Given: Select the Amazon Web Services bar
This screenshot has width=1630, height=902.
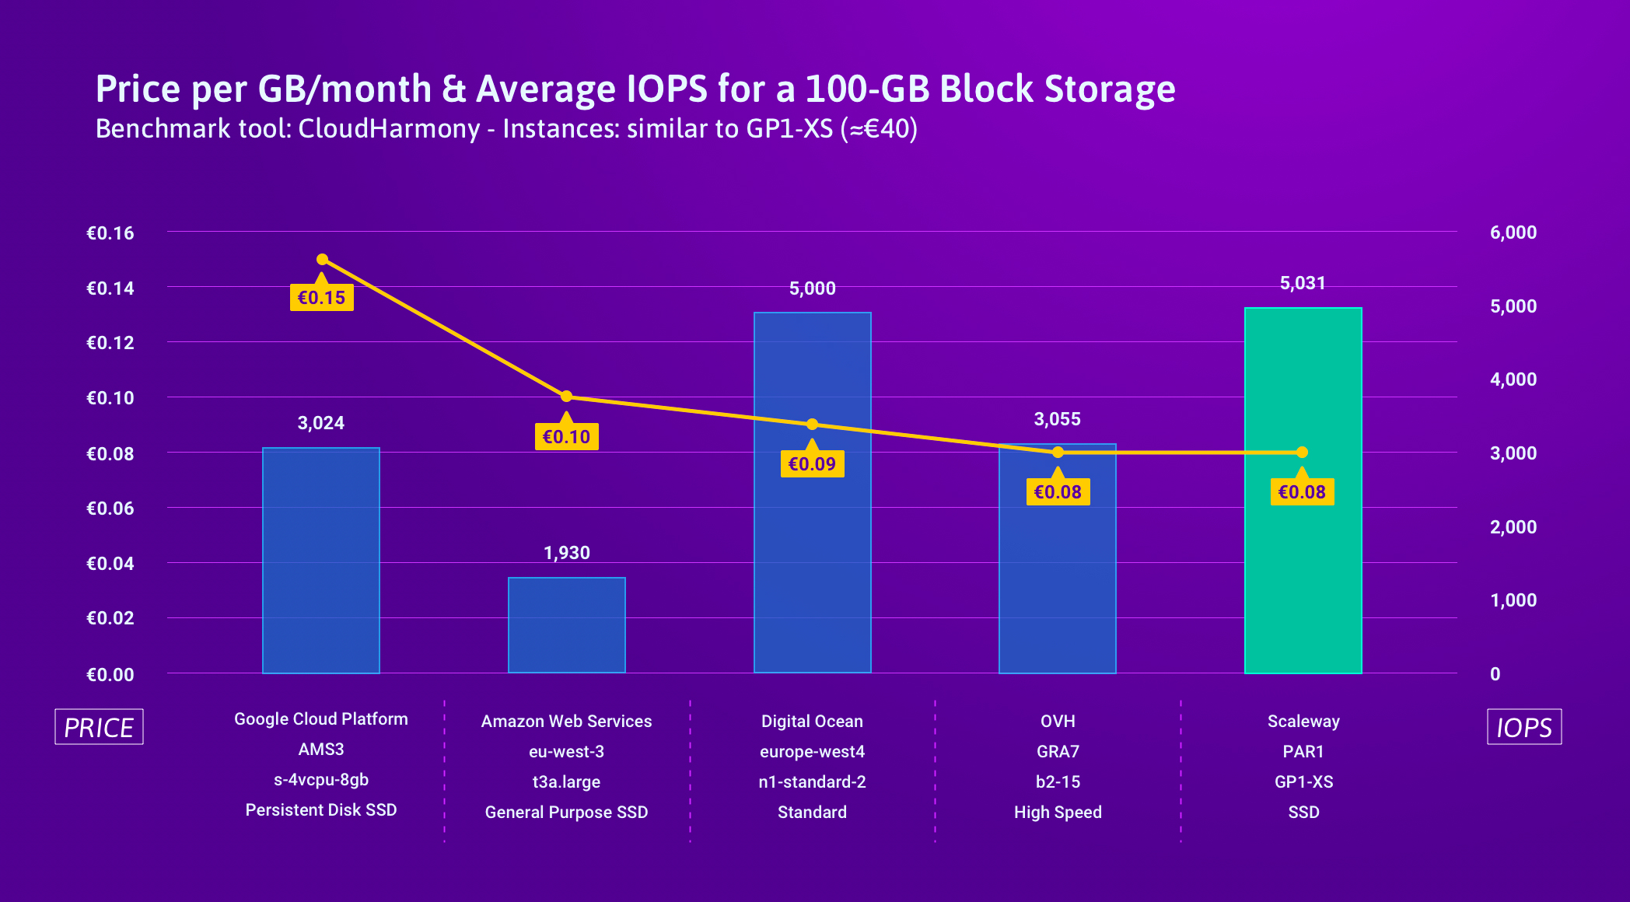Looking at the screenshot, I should [x=566, y=625].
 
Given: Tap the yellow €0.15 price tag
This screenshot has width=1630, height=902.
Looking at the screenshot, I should [x=321, y=298].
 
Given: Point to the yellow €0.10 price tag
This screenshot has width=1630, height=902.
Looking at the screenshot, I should [x=566, y=437].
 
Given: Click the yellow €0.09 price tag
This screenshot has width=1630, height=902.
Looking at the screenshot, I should [x=812, y=464].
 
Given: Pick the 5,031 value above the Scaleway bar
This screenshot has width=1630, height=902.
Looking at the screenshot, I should [x=1303, y=283].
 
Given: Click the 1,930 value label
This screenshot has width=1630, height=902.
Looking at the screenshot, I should [x=566, y=553].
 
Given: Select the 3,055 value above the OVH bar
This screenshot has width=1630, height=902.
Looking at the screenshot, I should [x=1057, y=419].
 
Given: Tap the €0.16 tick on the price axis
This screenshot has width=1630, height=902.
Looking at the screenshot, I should [x=110, y=233].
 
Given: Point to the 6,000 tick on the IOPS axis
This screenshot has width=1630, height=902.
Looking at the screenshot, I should [x=1513, y=232].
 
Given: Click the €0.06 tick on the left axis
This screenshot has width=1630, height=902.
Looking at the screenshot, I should [x=110, y=509].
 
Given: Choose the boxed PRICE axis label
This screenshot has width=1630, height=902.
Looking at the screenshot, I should [x=99, y=727].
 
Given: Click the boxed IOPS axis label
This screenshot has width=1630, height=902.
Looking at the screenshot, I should [x=1524, y=727].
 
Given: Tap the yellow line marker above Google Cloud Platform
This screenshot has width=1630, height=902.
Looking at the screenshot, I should [x=322, y=259].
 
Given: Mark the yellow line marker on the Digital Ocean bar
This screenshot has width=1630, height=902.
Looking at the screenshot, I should [x=812, y=424].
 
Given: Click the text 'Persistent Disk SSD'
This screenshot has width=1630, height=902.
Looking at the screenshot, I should [x=321, y=810].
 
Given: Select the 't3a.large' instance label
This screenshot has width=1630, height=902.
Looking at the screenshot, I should [x=566, y=782].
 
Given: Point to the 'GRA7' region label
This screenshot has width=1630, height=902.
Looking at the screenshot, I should [x=1058, y=752].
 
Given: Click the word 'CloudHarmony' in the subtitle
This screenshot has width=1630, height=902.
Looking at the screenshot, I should [x=389, y=129].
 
